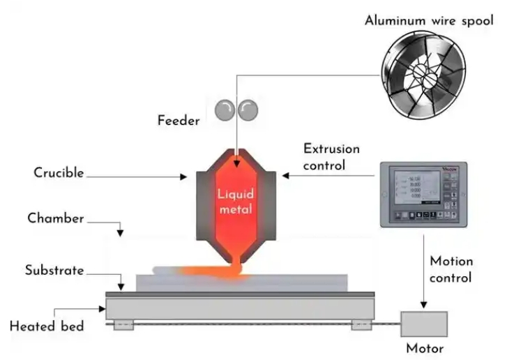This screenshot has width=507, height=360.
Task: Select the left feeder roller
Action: tap(225, 110)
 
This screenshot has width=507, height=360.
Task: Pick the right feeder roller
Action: tap(247, 110)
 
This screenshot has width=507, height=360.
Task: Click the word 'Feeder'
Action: tap(179, 121)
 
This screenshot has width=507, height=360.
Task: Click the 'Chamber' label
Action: tap(56, 218)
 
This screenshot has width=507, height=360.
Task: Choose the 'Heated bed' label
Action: tap(47, 326)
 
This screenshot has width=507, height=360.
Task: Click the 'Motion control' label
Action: tap(451, 269)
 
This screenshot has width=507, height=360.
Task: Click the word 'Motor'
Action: tap(424, 348)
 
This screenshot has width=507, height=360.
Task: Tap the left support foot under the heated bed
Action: tap(123, 324)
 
